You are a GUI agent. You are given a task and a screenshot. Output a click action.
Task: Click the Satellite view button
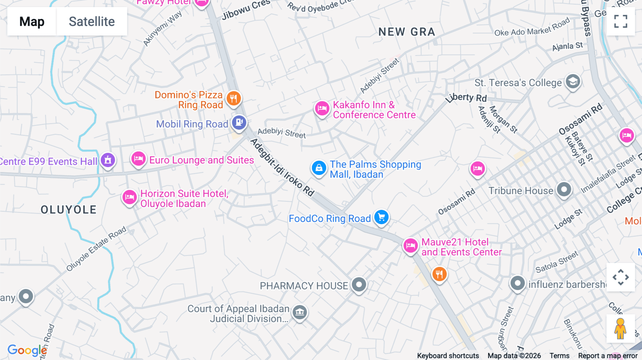point(92,21)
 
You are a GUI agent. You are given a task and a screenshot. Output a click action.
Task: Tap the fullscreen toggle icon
point(621,21)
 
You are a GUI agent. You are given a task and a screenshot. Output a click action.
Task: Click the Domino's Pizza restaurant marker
point(234,98)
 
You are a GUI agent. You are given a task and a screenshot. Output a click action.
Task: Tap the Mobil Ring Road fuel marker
point(239,123)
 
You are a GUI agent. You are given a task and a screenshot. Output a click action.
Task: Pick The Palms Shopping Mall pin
point(319,168)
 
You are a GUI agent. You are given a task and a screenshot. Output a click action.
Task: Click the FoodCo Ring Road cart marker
point(381,217)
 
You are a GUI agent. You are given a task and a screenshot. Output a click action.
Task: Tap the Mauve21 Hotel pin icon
point(411,246)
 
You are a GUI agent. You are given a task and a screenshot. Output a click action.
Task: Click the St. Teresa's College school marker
point(573,82)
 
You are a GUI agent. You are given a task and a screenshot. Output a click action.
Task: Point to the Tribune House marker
point(564,190)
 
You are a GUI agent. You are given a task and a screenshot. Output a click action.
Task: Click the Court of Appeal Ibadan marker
point(300,312)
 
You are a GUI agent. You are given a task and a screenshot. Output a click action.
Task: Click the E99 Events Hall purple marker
point(108,160)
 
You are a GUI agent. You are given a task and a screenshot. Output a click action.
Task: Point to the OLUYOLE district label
point(68,210)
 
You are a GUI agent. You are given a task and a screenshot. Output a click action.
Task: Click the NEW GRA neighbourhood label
point(407,32)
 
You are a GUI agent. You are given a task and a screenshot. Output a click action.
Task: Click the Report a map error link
point(608,356)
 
